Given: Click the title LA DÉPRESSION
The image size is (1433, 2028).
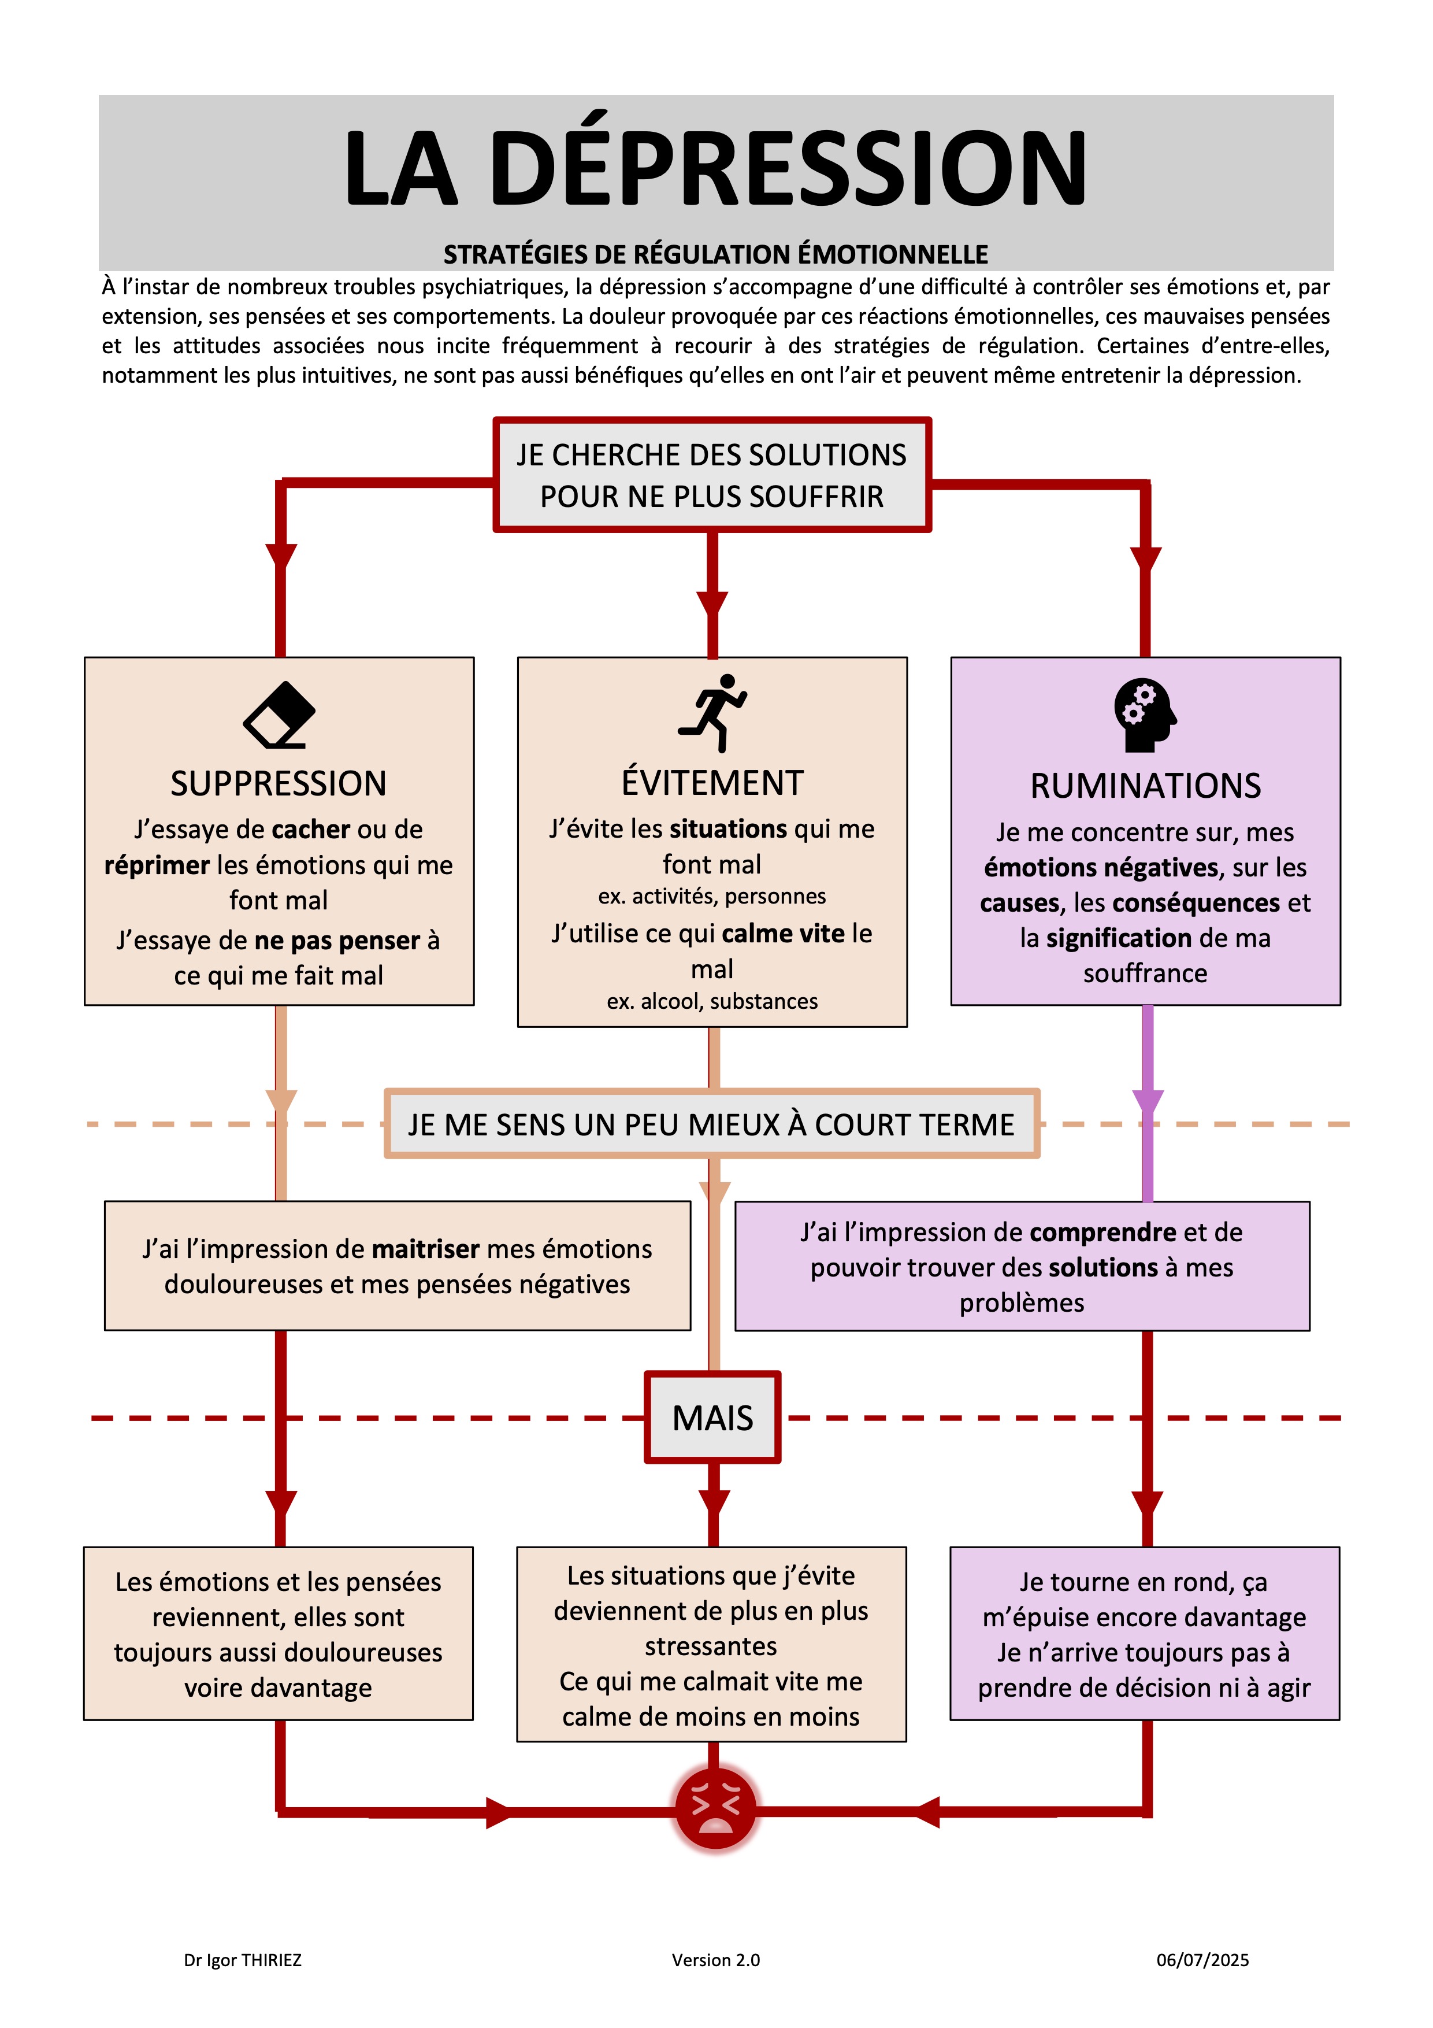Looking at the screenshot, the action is (x=715, y=166).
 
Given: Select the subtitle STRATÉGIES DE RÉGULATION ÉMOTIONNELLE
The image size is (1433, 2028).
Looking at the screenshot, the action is (x=715, y=254).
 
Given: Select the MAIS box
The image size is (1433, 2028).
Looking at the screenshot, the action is (x=712, y=1417).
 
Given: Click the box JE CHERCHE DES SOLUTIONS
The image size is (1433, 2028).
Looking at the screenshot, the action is (x=712, y=475).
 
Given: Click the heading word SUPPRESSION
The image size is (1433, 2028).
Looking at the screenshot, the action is (x=279, y=783).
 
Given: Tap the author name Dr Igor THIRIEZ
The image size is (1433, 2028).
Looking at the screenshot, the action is (x=243, y=1960).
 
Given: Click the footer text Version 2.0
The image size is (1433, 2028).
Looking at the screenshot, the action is (x=716, y=1960).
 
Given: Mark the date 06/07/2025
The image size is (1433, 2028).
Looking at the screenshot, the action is (x=1202, y=1960).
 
